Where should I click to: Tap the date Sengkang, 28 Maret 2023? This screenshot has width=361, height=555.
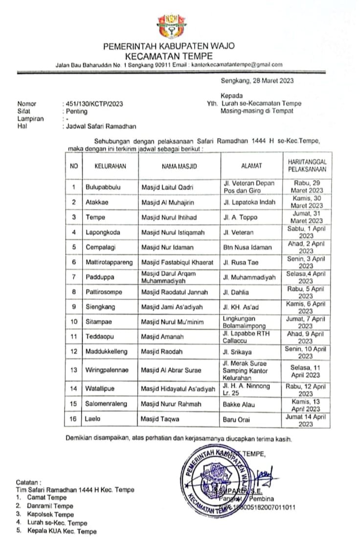coord(257,81)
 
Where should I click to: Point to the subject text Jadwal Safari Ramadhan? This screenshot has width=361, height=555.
coord(101,126)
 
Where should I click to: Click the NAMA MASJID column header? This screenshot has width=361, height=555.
coord(179,167)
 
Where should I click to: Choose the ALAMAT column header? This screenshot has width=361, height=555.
coord(251,167)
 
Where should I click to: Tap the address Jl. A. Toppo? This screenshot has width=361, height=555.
coord(240,217)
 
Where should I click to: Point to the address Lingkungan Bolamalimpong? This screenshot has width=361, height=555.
coord(245,322)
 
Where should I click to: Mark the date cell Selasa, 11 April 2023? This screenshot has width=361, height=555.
coord(306,371)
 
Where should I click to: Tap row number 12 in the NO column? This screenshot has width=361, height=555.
coord(74,352)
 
